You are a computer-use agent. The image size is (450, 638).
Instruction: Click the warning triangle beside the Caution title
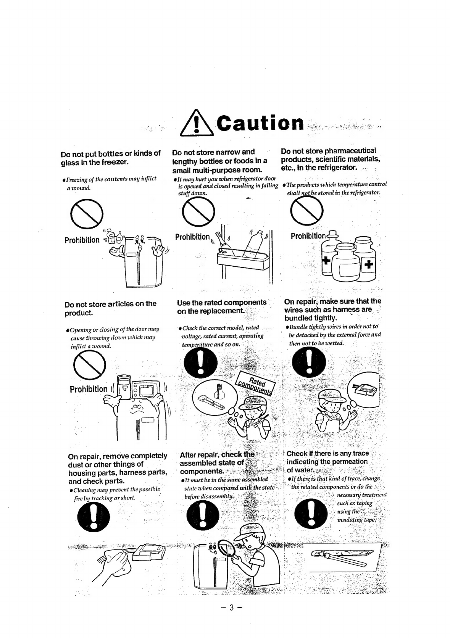coord(197,123)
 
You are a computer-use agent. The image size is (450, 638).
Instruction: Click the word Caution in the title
coord(260,123)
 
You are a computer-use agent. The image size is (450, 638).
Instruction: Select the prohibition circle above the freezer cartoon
coord(87,214)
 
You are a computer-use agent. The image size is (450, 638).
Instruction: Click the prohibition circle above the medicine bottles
coord(307,211)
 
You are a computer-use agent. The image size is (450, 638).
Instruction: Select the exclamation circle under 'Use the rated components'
coord(200,363)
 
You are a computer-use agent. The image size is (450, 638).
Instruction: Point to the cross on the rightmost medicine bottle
coord(369,264)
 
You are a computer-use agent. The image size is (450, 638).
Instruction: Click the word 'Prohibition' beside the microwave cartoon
coord(89,389)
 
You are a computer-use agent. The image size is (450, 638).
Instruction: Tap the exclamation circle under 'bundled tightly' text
coord(309,362)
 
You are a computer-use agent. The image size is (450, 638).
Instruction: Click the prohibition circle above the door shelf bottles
coord(198,212)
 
